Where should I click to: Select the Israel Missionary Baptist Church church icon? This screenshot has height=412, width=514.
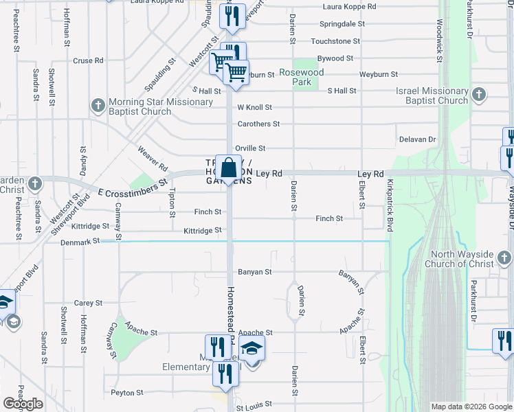(x=480, y=94)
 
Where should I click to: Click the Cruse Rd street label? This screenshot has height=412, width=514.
(x=88, y=60)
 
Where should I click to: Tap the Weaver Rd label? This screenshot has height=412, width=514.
(x=152, y=158)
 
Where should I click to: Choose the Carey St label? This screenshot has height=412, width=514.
(x=88, y=303)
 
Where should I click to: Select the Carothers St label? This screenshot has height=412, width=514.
(x=258, y=124)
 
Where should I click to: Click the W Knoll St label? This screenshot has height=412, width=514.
(x=255, y=107)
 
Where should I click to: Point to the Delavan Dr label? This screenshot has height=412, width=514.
(x=418, y=139)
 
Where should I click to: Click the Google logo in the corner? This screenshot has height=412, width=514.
(x=23, y=404)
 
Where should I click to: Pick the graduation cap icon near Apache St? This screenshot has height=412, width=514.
(x=252, y=348)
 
